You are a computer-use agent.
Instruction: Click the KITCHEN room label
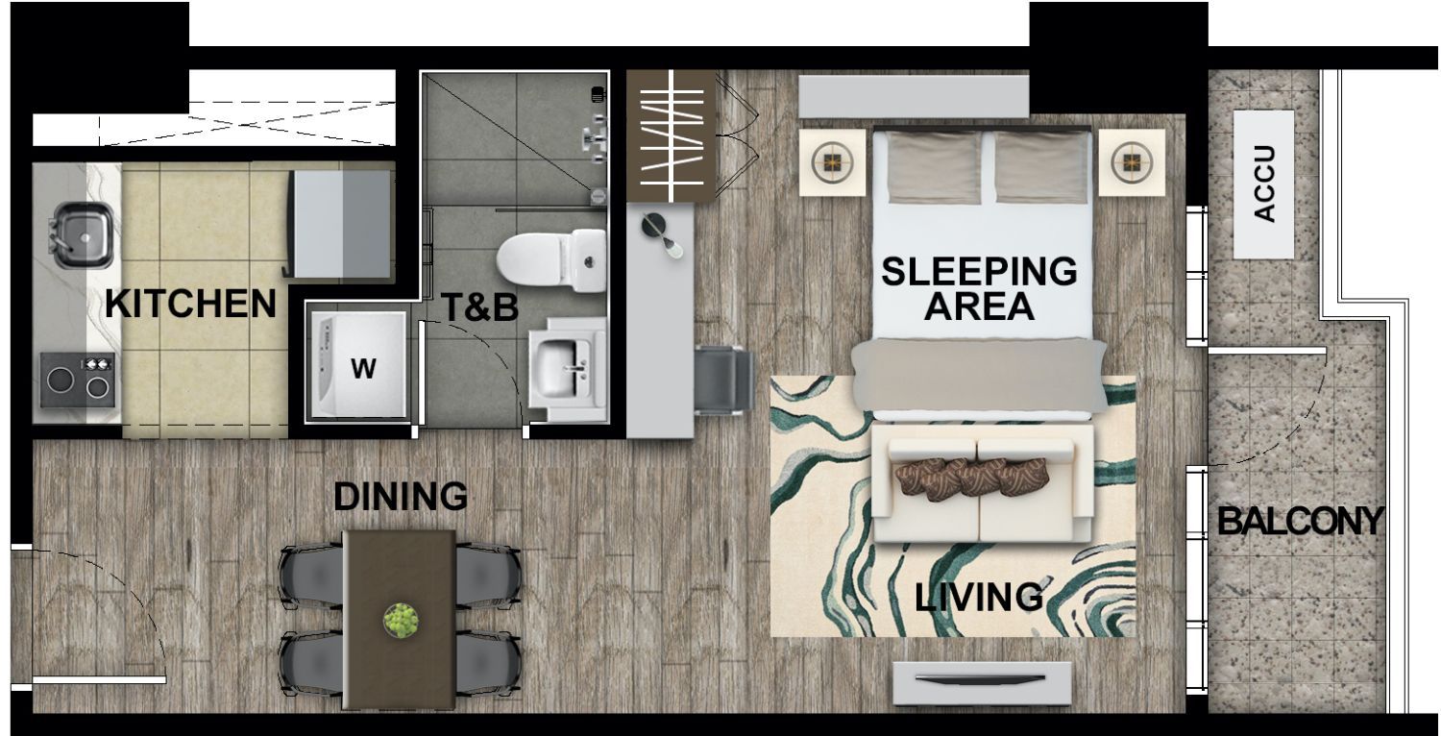click(190, 304)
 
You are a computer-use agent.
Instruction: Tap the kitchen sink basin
click(84, 234)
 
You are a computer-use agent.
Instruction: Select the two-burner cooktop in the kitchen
click(78, 380)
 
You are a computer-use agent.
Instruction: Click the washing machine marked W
click(358, 365)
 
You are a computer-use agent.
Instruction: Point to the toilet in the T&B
click(551, 260)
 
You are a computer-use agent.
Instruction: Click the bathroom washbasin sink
click(566, 369)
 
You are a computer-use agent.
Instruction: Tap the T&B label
click(480, 307)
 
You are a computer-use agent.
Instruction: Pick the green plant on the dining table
click(402, 620)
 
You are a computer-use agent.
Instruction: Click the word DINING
click(401, 496)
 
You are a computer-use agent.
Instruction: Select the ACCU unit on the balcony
click(1263, 184)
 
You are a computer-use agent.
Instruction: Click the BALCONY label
click(1300, 521)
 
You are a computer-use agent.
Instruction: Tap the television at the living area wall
click(983, 682)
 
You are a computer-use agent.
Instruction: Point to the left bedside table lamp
click(833, 162)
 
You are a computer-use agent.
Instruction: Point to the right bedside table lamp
click(1132, 162)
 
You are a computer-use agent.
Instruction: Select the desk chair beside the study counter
click(724, 380)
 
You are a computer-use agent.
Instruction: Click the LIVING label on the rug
click(979, 597)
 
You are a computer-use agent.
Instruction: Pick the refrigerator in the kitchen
click(341, 225)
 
